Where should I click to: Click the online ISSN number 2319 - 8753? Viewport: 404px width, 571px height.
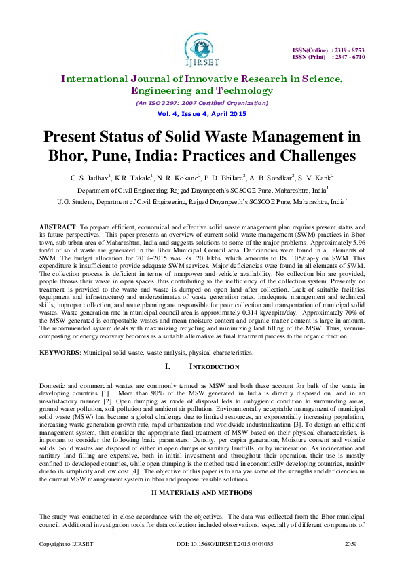(x=349, y=50)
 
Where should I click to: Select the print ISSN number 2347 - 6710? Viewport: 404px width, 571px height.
(x=349, y=58)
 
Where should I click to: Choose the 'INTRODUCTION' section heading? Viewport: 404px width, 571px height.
(x=213, y=367)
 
